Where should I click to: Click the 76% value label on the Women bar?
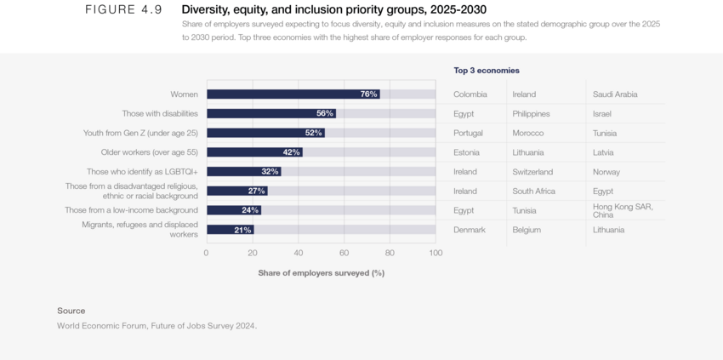[x=368, y=94]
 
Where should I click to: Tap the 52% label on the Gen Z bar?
[x=313, y=133]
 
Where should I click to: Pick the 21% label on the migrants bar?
[x=242, y=230]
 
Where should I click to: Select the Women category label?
[x=184, y=94]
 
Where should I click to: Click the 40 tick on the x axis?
[x=298, y=253]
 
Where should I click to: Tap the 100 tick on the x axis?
[x=435, y=253]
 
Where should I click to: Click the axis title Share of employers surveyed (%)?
[x=322, y=273]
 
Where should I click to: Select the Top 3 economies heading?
[x=487, y=71]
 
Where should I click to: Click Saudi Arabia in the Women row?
[x=615, y=94]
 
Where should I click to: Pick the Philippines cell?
[x=531, y=113]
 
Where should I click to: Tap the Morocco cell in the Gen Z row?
[x=527, y=133]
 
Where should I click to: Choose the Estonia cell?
[x=467, y=152]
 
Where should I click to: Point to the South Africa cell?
[x=533, y=191]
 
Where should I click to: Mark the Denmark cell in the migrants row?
[x=470, y=230]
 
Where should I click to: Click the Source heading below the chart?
[x=71, y=311]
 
